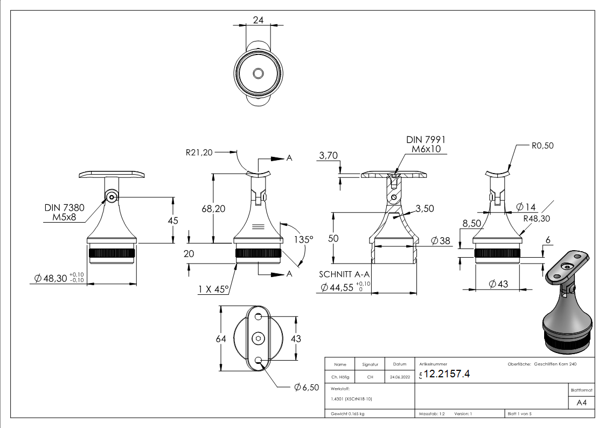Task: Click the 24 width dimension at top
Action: [258, 20]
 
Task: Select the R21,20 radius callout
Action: [199, 153]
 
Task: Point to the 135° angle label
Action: [303, 239]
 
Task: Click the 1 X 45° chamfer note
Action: [214, 289]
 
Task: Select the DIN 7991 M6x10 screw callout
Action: [426, 144]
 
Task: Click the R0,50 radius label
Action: [542, 145]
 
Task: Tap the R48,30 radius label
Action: [536, 218]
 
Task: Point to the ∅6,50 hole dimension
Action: [307, 388]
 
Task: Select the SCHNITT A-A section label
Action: [345, 274]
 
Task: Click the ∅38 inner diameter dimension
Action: [441, 241]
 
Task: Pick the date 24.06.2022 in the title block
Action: [399, 377]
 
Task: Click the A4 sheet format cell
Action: [581, 402]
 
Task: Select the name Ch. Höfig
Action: [340, 377]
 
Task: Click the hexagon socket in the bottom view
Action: [259, 338]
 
